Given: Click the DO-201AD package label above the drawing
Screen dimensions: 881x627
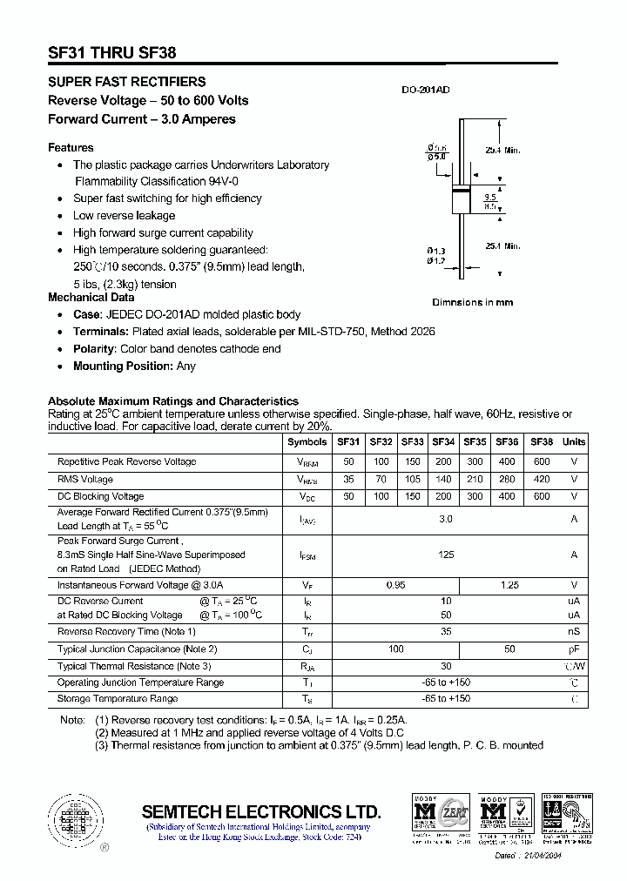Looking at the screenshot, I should point(425,90).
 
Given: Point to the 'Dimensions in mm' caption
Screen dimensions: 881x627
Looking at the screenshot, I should point(473,302).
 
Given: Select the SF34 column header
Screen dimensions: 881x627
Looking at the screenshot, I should point(443,442).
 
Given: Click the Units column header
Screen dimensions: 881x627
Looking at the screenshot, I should point(574,442).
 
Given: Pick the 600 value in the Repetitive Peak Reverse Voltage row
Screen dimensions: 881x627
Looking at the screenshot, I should point(542,461).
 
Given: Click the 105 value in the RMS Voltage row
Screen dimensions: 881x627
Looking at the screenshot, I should point(412,479).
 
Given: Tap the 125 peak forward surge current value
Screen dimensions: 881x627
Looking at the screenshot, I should point(446,555).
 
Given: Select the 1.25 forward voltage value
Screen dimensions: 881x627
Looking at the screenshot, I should point(509,585).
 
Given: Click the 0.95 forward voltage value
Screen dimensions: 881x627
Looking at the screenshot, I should point(395,585).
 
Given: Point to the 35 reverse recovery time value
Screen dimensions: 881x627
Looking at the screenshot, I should point(446,632).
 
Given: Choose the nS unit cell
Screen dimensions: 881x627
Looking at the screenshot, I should point(574,632).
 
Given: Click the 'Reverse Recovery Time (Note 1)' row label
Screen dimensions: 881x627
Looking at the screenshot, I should point(126,632).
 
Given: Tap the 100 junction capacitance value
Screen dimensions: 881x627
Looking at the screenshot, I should point(395,649).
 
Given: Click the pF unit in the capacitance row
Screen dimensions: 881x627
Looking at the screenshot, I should point(574,649).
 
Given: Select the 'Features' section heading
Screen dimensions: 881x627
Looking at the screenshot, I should point(71,148).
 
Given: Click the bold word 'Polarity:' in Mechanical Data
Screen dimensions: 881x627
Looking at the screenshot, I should point(96,349).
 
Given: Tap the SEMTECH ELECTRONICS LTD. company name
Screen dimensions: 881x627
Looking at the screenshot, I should point(261,811).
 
